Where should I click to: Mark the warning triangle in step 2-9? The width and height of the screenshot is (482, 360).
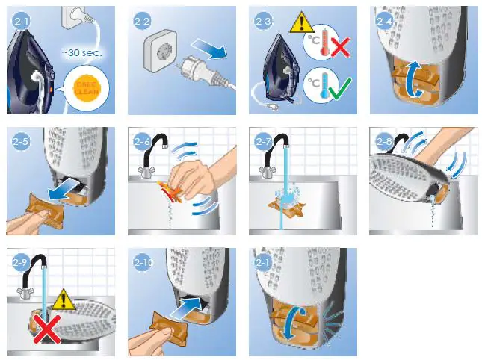(x=66, y=300)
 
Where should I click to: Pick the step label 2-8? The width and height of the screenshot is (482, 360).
(x=385, y=142)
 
